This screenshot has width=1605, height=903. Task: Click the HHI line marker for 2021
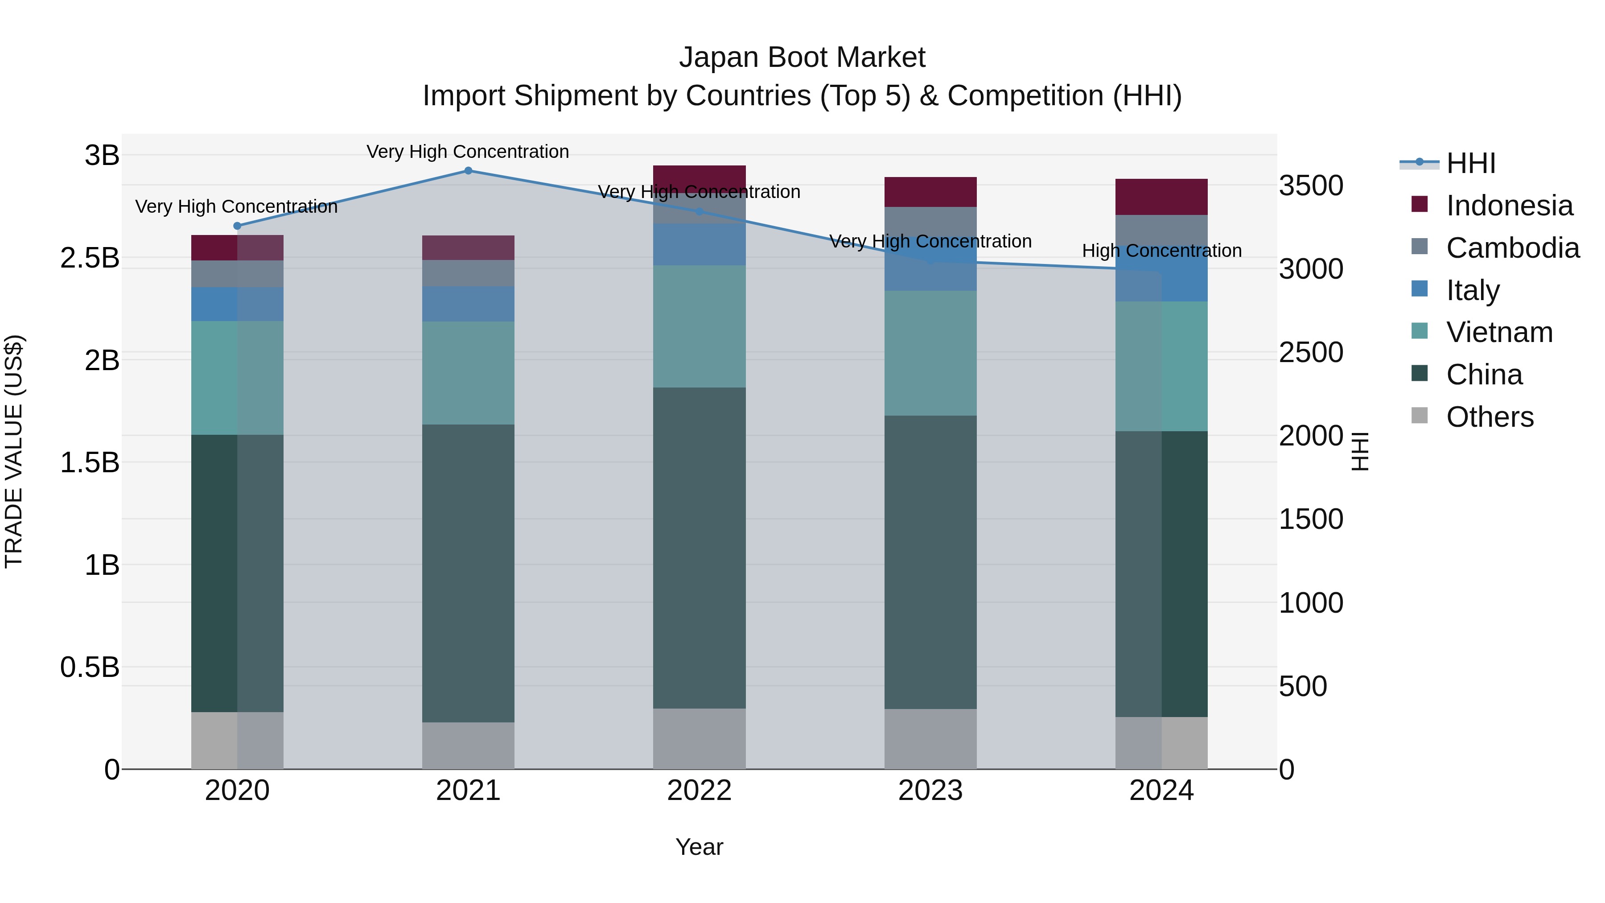tap(468, 171)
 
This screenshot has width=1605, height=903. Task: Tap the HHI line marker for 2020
tap(237, 226)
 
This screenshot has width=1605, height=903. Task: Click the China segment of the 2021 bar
tap(468, 573)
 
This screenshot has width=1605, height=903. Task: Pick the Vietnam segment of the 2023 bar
tap(930, 353)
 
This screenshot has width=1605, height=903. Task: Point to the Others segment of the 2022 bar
tap(699, 738)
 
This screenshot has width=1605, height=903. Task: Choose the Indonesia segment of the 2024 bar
tap(1161, 197)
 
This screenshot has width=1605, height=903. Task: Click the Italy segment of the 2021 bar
tap(468, 304)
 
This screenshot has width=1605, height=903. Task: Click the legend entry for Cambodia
tap(1512, 248)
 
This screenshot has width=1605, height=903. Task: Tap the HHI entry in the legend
tap(1470, 163)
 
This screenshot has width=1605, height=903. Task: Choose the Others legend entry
tap(1489, 417)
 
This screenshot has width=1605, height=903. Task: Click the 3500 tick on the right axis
tap(1311, 186)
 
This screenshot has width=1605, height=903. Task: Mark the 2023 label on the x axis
tap(930, 791)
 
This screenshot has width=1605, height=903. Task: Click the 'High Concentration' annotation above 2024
tap(1161, 251)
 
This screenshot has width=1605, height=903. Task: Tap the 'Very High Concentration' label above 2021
tap(468, 152)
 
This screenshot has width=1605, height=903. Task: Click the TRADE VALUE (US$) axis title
tap(14, 451)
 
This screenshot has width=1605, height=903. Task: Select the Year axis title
tap(699, 847)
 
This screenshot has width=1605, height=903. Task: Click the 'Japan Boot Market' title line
tap(802, 58)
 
